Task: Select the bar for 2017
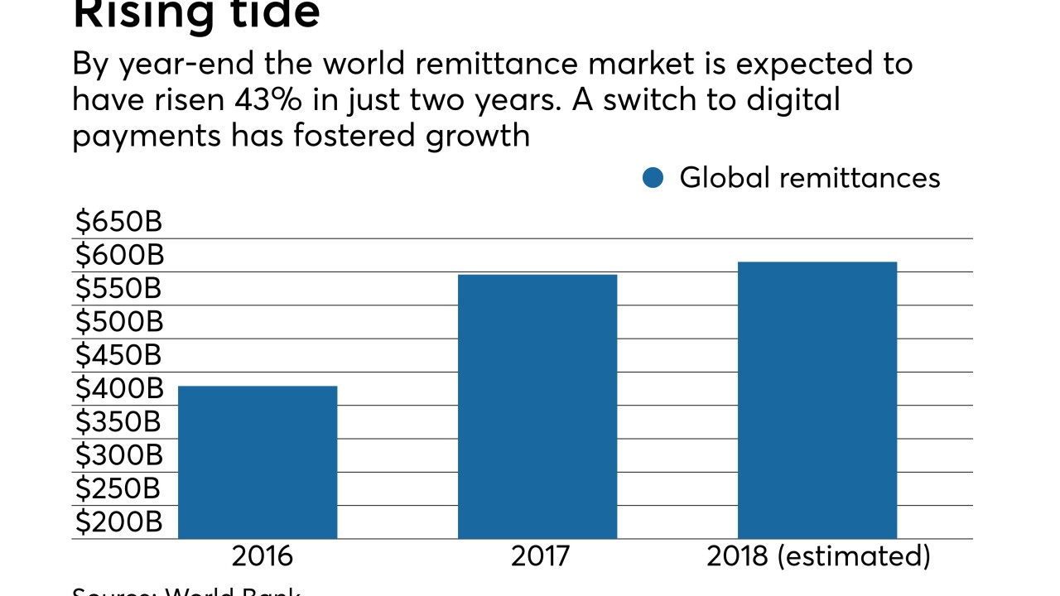[x=537, y=406]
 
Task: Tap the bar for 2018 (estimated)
[x=817, y=400]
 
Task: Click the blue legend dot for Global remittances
[x=653, y=178]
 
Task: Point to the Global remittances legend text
[x=809, y=178]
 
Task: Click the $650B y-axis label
[x=118, y=222]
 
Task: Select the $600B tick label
[x=118, y=255]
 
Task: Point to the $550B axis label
[x=118, y=289]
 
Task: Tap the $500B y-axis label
[x=118, y=322]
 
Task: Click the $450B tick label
[x=118, y=355]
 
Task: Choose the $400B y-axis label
[x=118, y=388]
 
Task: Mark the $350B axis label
[x=118, y=422]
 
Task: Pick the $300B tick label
[x=118, y=455]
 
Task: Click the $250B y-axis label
[x=118, y=488]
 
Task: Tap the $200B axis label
[x=118, y=522]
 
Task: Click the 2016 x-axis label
[x=262, y=556]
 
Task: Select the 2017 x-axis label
[x=540, y=556]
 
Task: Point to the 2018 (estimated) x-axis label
[x=818, y=556]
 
